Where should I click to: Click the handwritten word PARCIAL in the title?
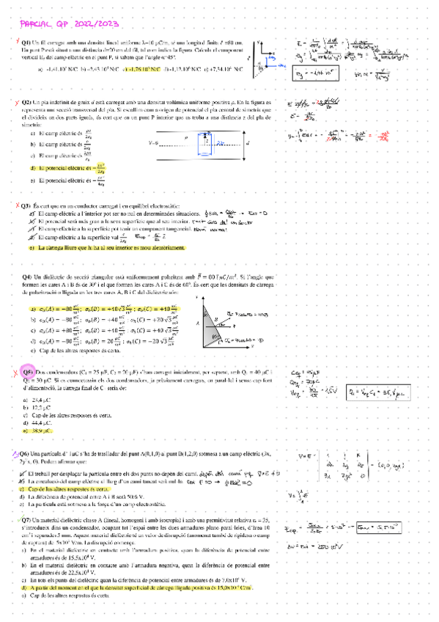pyautogui.click(x=31, y=24)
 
